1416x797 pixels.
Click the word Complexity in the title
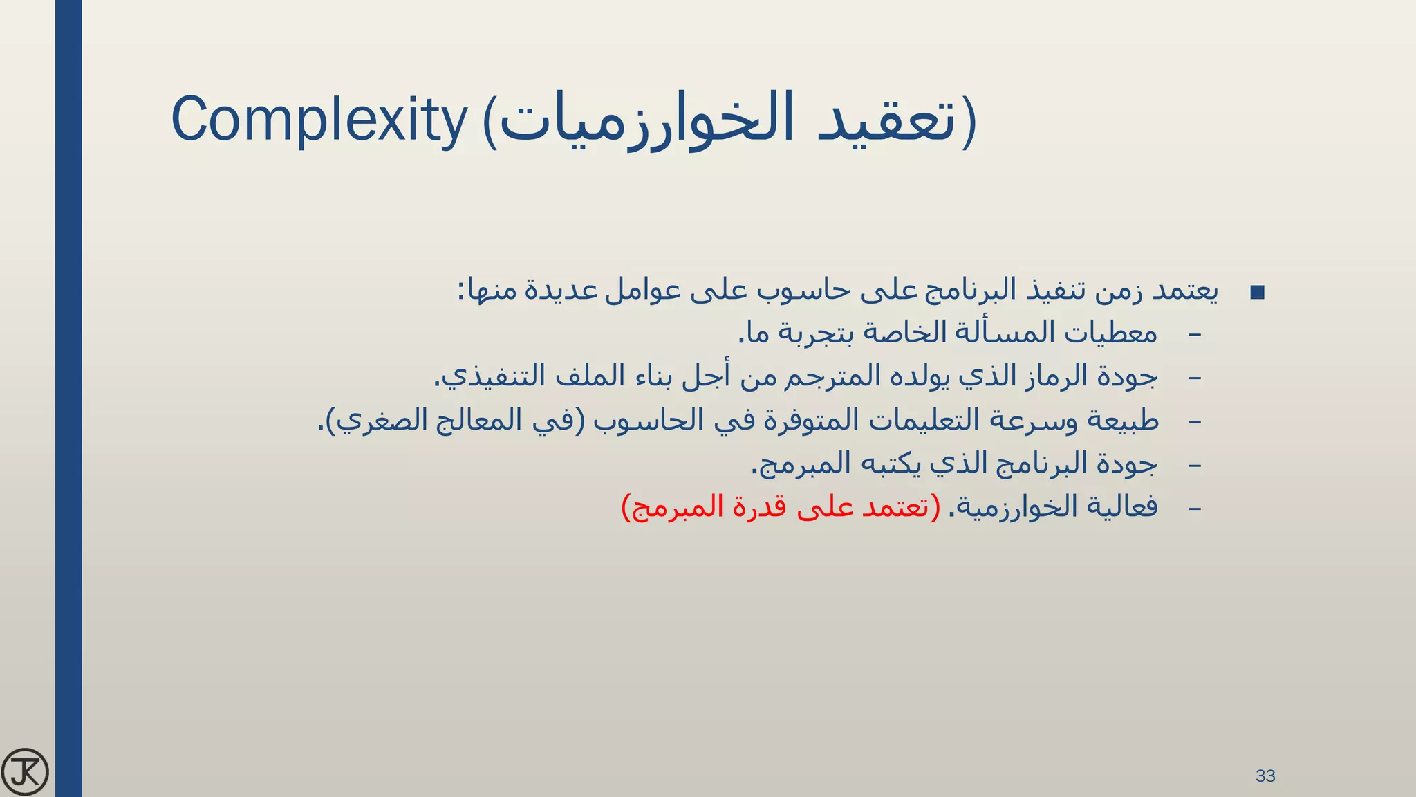319,120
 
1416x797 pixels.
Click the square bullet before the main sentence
1258,293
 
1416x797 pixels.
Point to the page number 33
1265,776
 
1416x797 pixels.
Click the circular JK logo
25,772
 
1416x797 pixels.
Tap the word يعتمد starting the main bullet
1184,291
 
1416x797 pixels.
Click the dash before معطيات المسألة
1194,335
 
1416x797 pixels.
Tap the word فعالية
1123,506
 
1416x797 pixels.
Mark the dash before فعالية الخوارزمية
1194,509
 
